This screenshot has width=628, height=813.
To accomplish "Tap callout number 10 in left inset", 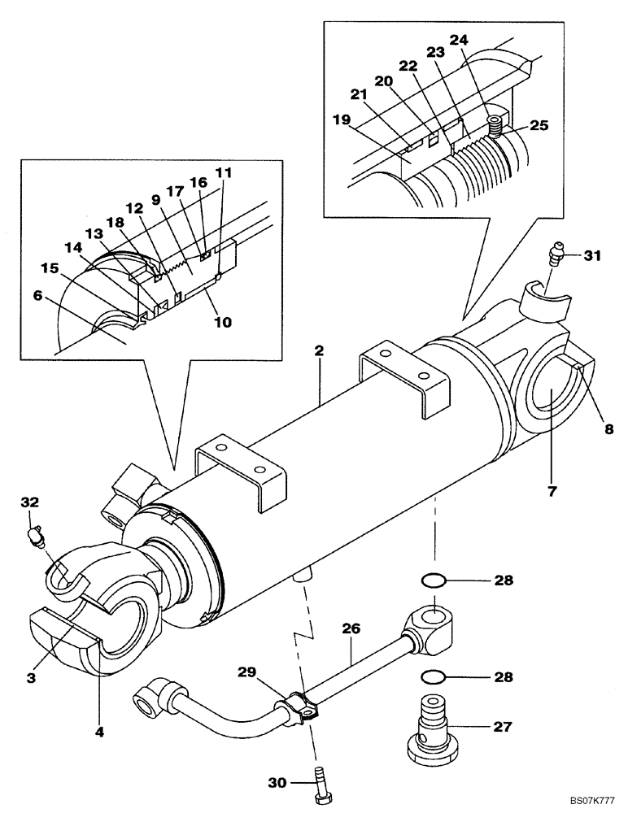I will [220, 322].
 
